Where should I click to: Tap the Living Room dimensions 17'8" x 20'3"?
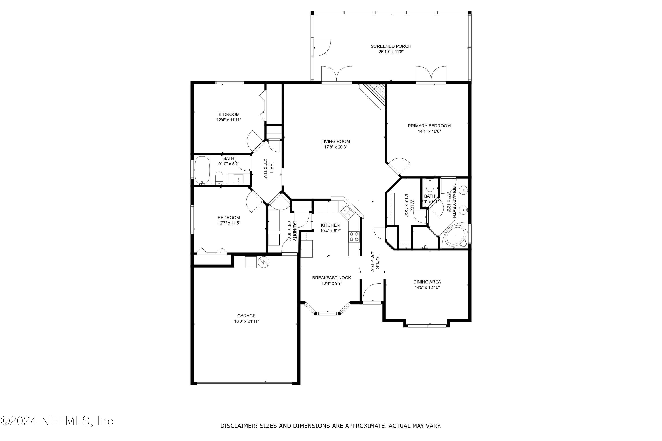(x=335, y=147)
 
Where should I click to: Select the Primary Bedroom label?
(x=429, y=126)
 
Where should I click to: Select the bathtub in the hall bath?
(x=202, y=170)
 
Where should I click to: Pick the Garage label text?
(x=246, y=316)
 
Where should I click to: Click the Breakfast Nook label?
(x=331, y=278)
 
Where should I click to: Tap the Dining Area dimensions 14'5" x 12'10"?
(x=427, y=287)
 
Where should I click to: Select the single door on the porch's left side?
(x=322, y=48)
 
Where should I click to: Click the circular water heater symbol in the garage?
(x=263, y=262)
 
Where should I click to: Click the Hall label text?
(x=271, y=168)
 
